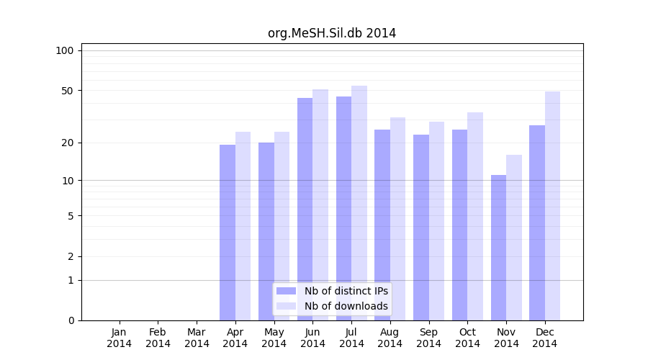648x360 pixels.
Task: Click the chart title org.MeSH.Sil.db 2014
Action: tap(332, 33)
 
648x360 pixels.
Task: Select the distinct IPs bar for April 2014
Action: tap(228, 232)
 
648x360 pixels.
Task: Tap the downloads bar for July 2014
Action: tap(359, 203)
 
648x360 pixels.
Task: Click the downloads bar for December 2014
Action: tap(552, 206)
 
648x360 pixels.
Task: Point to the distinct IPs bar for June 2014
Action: tap(305, 209)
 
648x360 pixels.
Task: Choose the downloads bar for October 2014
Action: tap(475, 216)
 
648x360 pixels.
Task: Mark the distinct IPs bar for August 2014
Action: tap(382, 225)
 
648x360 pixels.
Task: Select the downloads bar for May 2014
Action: tap(282, 226)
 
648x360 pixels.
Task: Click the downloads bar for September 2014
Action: tap(436, 221)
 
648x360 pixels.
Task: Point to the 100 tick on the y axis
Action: tap(65, 50)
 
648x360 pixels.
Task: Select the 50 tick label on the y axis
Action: tap(68, 91)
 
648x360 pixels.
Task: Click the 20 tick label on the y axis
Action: tap(68, 143)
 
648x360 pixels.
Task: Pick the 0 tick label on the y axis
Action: tap(71, 320)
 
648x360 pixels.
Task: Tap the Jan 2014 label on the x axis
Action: tap(120, 338)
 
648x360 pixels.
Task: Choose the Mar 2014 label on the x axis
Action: tap(197, 338)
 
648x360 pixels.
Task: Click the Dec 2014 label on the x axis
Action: tap(545, 338)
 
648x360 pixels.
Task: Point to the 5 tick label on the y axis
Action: tap(71, 215)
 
